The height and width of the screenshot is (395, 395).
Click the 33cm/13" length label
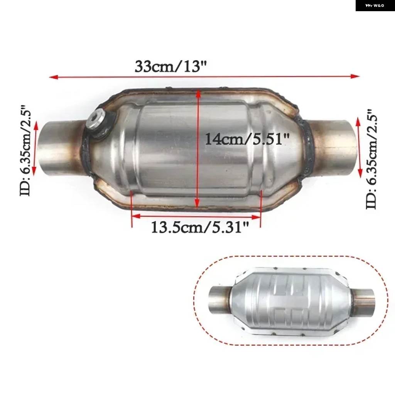(x=170, y=66)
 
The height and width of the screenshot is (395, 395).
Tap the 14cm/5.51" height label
(x=247, y=139)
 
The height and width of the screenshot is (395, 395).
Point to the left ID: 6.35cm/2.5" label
(x=25, y=150)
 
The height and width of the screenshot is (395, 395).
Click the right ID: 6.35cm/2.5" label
(x=372, y=159)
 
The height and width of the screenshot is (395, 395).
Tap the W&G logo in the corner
(x=375, y=5)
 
